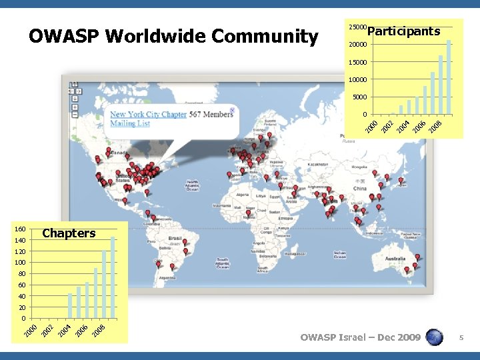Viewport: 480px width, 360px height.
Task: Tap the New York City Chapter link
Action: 148,115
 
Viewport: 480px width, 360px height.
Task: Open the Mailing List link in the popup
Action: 130,124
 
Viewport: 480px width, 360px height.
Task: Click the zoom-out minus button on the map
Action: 75,115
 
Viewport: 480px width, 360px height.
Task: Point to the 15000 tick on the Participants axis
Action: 357,63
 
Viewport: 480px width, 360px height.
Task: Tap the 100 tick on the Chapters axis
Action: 20,263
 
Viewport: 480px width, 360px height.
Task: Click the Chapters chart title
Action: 69,233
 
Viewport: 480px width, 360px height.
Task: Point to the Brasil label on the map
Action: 175,238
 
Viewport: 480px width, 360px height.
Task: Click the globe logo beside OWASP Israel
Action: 434,337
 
